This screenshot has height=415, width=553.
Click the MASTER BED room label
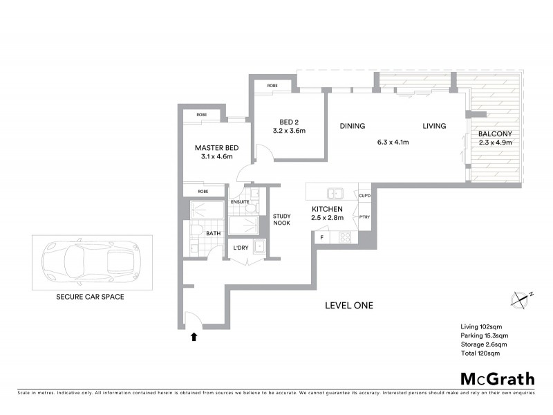point(217,148)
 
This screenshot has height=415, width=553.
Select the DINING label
point(352,126)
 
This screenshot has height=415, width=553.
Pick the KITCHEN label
point(328,208)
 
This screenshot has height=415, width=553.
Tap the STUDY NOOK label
point(281,219)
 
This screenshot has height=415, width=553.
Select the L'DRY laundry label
point(241,248)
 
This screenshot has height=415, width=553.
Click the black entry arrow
point(194,338)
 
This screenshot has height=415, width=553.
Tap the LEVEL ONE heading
point(349,305)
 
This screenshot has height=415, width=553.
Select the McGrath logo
point(498,378)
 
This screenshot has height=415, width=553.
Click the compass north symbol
point(521,299)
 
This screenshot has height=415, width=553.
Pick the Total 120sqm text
point(480,353)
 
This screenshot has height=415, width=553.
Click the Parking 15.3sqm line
point(484,335)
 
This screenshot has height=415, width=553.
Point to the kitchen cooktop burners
point(344,237)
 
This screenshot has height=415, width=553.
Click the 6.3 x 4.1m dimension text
point(393,142)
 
